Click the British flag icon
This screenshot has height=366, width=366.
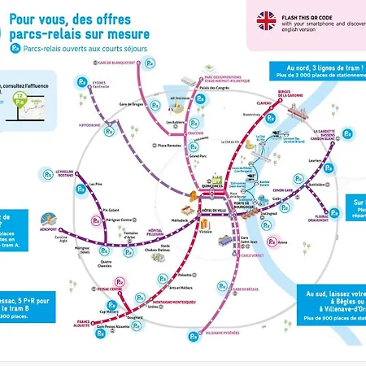[266, 20]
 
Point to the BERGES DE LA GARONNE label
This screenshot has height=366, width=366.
[290, 94]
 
